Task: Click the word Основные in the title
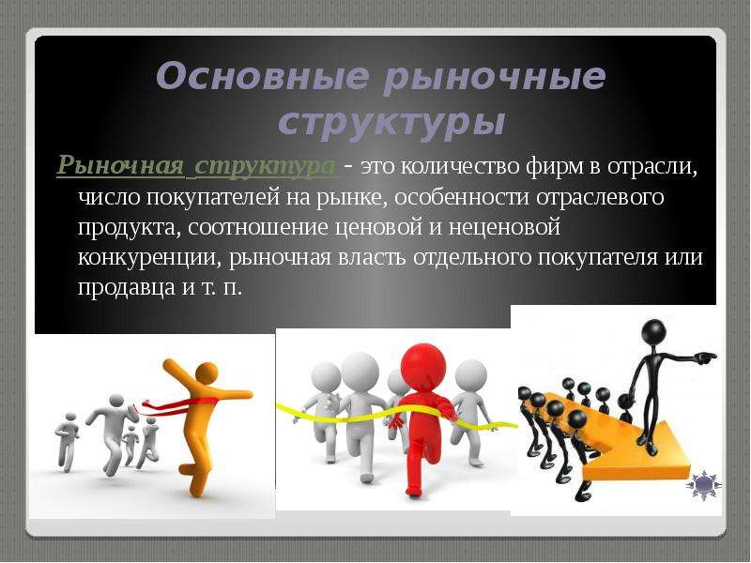click(263, 76)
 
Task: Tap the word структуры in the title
click(391, 124)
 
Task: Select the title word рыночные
click(495, 77)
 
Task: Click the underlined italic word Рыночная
click(121, 166)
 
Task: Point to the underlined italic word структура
click(266, 167)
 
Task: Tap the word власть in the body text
click(373, 257)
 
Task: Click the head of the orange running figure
click(207, 373)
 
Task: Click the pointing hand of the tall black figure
click(707, 356)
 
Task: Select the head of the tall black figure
click(653, 332)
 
